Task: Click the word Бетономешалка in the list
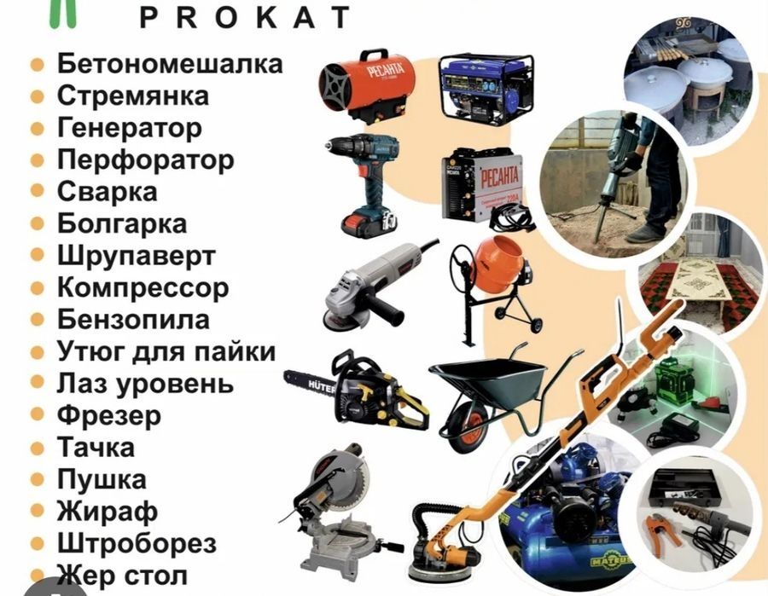[170, 64]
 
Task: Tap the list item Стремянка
[132, 95]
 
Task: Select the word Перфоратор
[145, 159]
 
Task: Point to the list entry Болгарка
[122, 223]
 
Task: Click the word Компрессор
[143, 287]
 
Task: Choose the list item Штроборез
[137, 542]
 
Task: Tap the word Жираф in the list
[108, 511]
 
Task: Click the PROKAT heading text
[244, 16]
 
